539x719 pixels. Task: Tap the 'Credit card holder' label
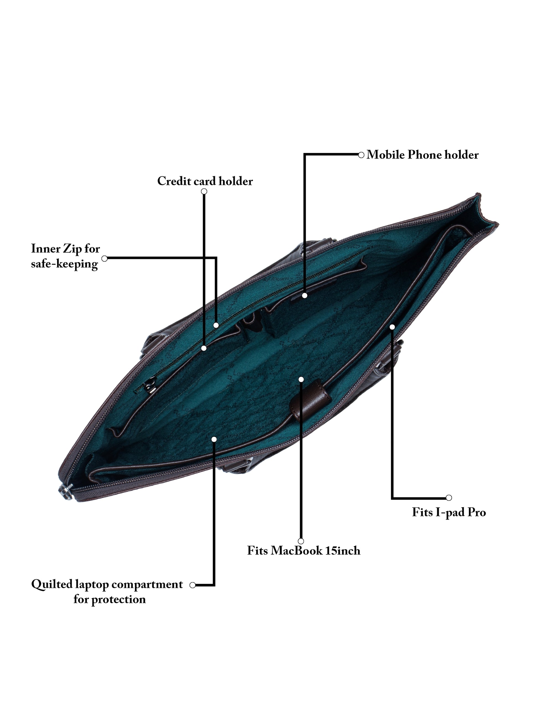click(x=205, y=181)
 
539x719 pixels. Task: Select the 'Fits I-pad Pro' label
click(x=449, y=512)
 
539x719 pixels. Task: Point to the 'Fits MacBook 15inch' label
click(x=304, y=551)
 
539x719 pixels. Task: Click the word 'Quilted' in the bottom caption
click(x=52, y=584)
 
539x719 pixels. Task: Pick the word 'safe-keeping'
click(x=64, y=264)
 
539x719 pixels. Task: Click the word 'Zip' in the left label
click(x=72, y=249)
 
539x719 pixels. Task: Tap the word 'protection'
click(x=118, y=599)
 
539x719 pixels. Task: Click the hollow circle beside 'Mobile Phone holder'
click(x=361, y=155)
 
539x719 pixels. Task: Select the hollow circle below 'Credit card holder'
click(x=204, y=191)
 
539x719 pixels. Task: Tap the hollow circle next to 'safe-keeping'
click(x=104, y=259)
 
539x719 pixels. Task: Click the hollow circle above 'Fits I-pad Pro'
click(x=449, y=498)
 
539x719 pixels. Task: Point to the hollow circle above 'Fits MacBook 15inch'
click(x=301, y=541)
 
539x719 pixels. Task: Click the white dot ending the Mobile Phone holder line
click(x=304, y=295)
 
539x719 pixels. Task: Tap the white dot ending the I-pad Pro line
click(x=392, y=327)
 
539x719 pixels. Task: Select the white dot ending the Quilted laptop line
click(x=214, y=439)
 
